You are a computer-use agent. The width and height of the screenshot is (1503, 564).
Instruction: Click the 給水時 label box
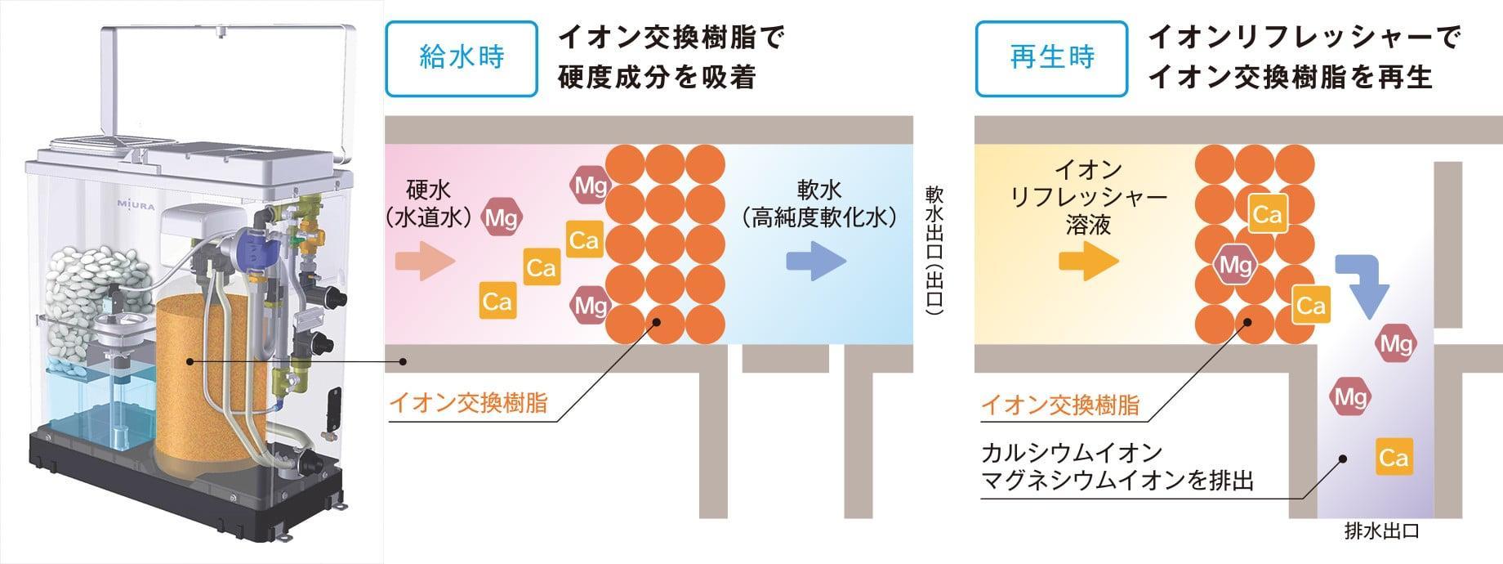point(462,58)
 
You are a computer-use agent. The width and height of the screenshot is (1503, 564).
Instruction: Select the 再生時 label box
point(1051,58)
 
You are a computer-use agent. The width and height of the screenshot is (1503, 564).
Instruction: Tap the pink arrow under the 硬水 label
point(424,262)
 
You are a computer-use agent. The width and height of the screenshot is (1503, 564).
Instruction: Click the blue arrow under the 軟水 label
point(816,262)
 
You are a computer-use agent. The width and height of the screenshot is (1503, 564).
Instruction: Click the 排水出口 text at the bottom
point(1381,532)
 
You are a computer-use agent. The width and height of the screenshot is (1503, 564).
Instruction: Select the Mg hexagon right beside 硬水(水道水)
point(502,217)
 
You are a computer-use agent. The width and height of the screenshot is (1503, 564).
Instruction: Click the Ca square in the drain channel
point(1394,457)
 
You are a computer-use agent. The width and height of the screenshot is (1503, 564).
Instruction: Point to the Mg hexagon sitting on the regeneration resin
point(1235,265)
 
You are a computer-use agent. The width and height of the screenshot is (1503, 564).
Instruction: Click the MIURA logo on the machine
point(136,204)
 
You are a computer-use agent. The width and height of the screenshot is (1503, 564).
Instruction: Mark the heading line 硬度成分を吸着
point(657,78)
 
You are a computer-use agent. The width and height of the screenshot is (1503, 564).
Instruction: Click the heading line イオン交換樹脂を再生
point(1291,78)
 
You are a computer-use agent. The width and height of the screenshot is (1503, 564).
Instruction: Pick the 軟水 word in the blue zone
point(818,190)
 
